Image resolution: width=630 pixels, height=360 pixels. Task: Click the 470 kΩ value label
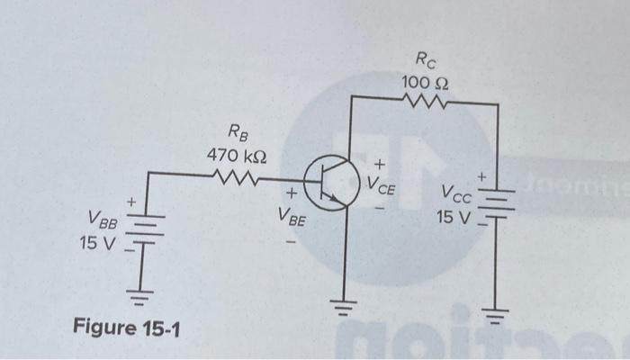(236, 155)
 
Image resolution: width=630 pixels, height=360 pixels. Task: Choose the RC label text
(425, 61)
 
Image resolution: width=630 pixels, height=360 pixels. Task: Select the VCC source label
(454, 193)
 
